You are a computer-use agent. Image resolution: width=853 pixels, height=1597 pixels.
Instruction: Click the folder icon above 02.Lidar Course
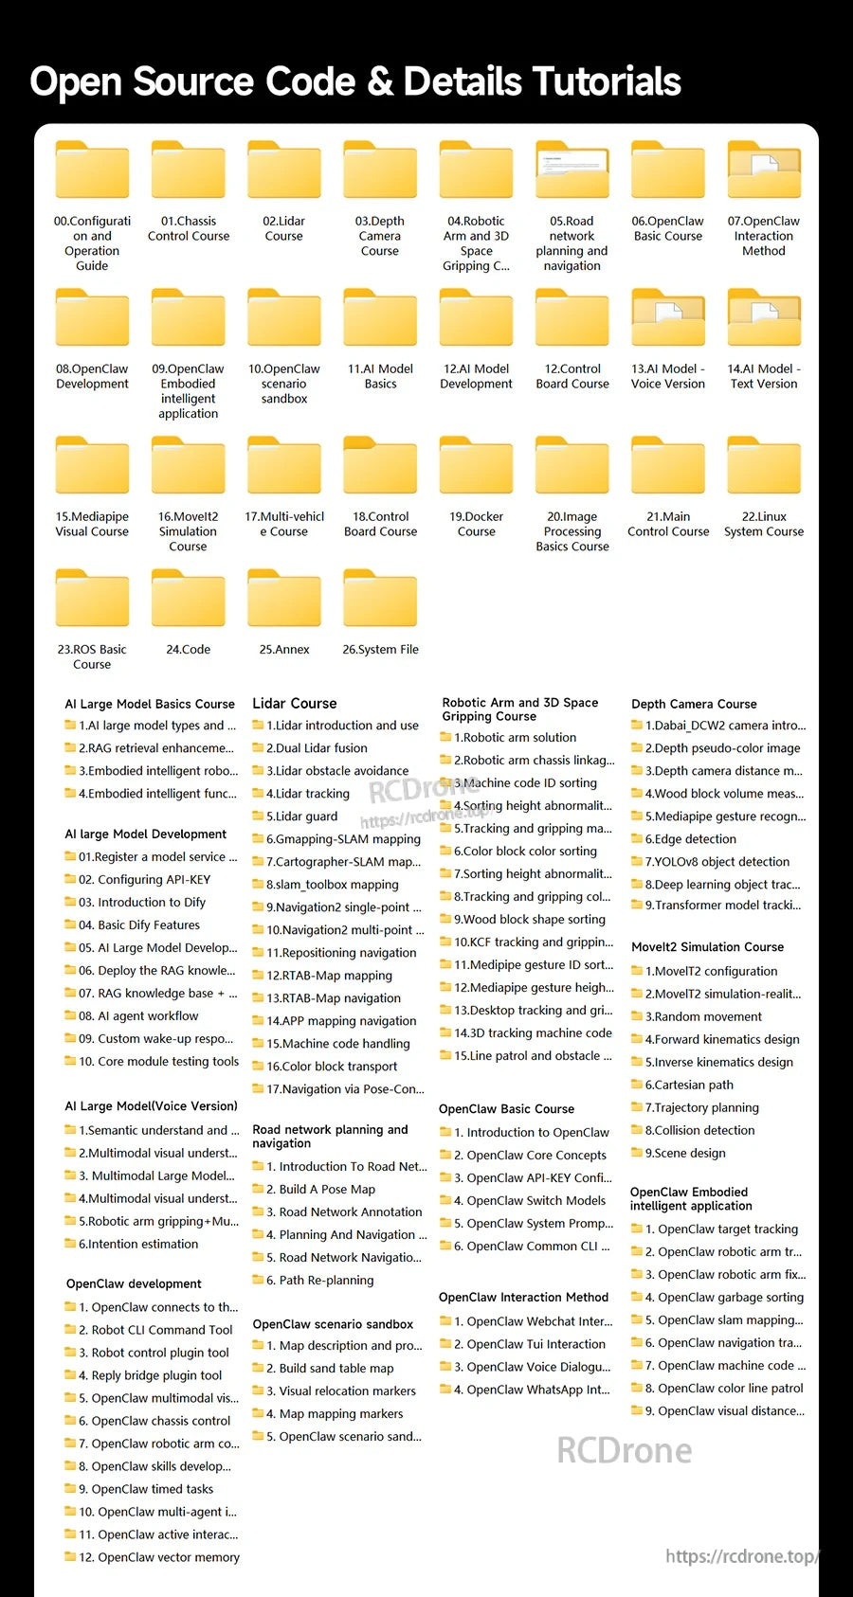(x=283, y=170)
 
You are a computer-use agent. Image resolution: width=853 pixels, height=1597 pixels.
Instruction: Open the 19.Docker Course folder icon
(x=476, y=465)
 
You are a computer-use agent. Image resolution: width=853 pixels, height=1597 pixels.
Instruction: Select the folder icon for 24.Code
(x=189, y=598)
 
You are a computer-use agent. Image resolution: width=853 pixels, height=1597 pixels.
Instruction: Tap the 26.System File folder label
(x=380, y=650)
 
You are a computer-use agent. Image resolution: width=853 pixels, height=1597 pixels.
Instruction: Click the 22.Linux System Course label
(x=764, y=524)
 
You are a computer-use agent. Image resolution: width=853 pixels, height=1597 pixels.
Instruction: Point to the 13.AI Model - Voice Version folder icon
(x=667, y=317)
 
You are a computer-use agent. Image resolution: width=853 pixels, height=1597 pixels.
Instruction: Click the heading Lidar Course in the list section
(x=295, y=703)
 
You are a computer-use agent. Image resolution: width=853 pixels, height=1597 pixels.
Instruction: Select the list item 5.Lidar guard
(x=301, y=816)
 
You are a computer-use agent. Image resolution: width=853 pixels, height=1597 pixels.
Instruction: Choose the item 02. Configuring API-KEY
(x=145, y=880)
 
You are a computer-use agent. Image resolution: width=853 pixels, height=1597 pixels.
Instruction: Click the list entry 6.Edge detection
(x=690, y=839)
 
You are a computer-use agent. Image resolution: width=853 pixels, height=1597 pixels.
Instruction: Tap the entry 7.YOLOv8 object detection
(x=717, y=862)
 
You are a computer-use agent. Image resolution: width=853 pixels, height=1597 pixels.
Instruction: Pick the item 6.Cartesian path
(x=689, y=1086)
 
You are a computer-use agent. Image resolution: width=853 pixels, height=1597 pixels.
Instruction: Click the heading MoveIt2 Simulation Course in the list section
(x=707, y=947)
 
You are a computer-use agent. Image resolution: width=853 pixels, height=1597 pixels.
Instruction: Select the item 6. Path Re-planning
(x=319, y=1281)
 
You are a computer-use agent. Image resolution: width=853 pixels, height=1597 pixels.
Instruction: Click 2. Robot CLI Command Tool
(x=155, y=1330)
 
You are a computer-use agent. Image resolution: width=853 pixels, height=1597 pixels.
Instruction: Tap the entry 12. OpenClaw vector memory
(x=159, y=1558)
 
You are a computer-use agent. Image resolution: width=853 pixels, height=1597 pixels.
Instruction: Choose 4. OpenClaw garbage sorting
(x=724, y=1298)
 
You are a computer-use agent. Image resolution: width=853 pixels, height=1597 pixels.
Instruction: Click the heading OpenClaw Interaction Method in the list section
(x=523, y=1297)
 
